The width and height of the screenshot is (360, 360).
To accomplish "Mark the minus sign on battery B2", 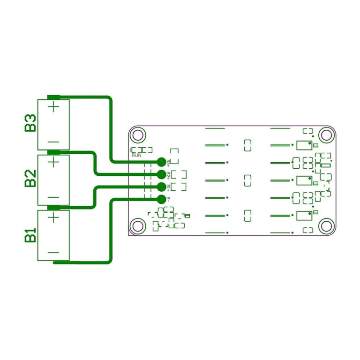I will pyautogui.click(x=53, y=197).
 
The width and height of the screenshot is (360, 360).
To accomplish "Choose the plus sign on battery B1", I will pyautogui.click(x=54, y=217).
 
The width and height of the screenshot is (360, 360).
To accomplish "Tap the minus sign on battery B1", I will pyautogui.click(x=53, y=253).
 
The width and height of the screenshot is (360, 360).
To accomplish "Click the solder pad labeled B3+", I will pyautogui.click(x=161, y=162).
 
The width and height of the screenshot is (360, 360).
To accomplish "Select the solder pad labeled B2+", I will pyautogui.click(x=161, y=174).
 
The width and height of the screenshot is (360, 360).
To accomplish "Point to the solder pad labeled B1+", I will pyautogui.click(x=161, y=187).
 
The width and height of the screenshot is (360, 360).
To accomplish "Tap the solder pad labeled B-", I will pyautogui.click(x=161, y=198).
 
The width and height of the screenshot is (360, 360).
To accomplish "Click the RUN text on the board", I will pyautogui.click(x=137, y=155).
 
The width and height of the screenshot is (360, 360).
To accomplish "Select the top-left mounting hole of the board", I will pyautogui.click(x=138, y=135).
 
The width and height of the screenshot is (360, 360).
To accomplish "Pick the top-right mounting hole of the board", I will pyautogui.click(x=325, y=135).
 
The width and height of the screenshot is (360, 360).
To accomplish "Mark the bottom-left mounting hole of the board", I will pyautogui.click(x=138, y=226).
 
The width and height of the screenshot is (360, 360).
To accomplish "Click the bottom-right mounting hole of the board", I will pyautogui.click(x=325, y=226).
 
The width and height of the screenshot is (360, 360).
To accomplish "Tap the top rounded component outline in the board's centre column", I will pyautogui.click(x=247, y=145).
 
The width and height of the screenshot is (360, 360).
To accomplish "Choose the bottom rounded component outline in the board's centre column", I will pyautogui.click(x=247, y=216).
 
